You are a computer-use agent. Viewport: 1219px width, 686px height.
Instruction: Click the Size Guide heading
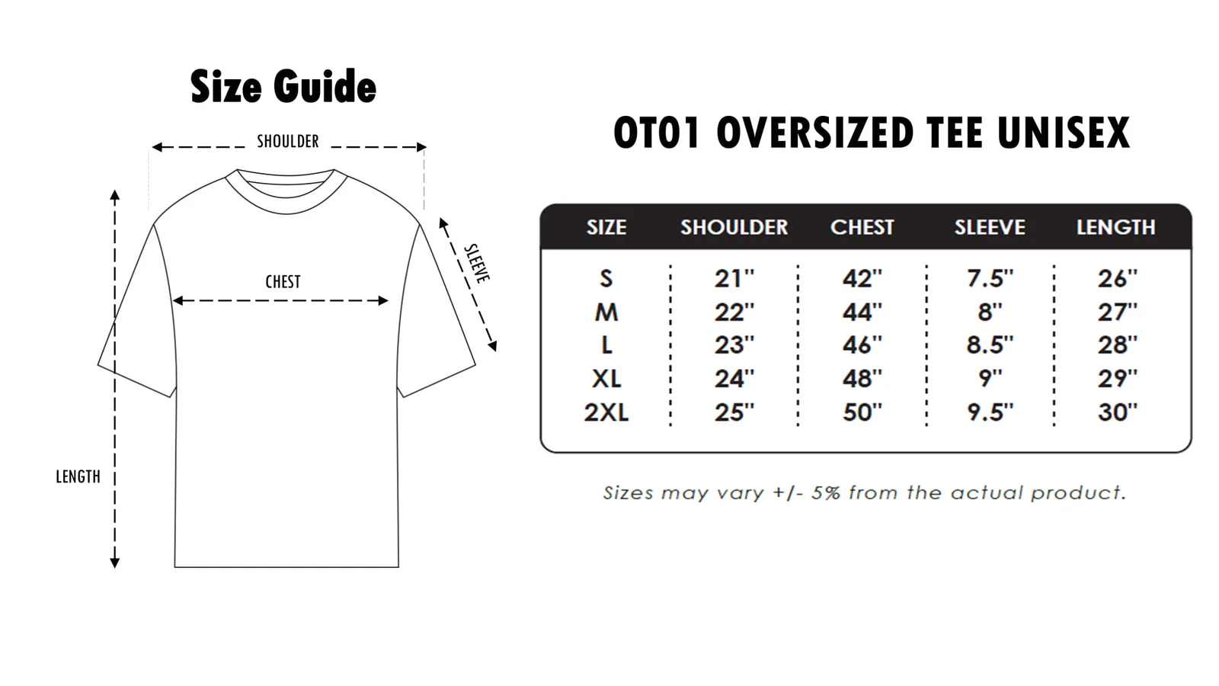(283, 86)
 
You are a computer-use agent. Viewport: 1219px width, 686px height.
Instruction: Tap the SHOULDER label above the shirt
(288, 141)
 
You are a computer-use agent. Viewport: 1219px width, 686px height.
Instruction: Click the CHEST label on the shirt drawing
(283, 281)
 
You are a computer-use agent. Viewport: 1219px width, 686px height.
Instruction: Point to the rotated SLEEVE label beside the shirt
(477, 264)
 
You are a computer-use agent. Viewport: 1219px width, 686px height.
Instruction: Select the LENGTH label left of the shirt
(78, 476)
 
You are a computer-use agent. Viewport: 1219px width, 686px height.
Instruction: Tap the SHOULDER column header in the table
(734, 227)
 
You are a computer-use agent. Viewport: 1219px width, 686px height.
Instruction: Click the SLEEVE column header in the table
(990, 227)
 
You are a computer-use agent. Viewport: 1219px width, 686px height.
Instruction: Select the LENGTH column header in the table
(1116, 227)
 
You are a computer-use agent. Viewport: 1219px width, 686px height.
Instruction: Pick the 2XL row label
(606, 412)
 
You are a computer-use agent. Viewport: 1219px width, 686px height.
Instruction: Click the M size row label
(606, 312)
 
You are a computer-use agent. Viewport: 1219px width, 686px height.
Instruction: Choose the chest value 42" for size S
(862, 278)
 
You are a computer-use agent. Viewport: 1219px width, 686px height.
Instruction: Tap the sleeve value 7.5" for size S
(990, 278)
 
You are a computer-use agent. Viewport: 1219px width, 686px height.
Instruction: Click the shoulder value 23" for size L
(734, 345)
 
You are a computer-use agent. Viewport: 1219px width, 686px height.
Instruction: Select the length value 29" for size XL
(1118, 378)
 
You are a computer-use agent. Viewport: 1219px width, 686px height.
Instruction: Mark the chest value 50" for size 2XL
(862, 412)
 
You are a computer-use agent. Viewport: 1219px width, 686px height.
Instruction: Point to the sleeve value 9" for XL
(990, 378)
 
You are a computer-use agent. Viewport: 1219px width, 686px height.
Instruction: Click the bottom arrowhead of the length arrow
(115, 563)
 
